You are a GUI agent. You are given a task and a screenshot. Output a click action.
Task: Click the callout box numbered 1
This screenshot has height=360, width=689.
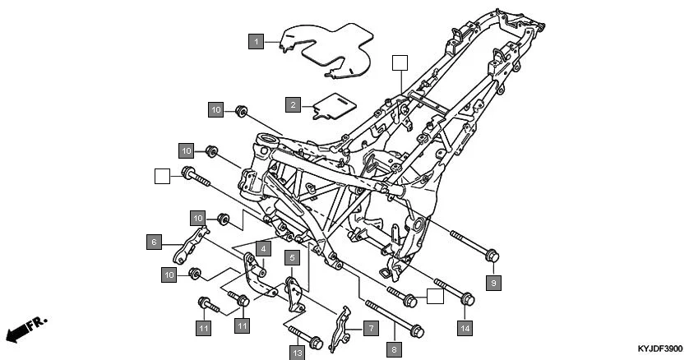click(x=257, y=40)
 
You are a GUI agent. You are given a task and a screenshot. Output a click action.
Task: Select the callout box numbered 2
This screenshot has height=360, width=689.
click(x=292, y=104)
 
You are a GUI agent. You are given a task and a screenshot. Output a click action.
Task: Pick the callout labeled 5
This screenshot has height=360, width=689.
click(x=291, y=257)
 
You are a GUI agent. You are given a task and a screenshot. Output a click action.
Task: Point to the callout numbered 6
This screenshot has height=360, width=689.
click(x=153, y=242)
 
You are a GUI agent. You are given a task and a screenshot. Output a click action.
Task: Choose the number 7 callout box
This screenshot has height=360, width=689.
click(x=370, y=328)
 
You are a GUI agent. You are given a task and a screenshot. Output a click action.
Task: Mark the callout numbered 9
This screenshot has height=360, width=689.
click(x=493, y=282)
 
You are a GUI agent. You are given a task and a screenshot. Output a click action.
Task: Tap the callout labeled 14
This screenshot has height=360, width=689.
click(x=465, y=328)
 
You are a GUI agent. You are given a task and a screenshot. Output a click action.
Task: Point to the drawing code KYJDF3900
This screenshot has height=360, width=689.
click(x=659, y=349)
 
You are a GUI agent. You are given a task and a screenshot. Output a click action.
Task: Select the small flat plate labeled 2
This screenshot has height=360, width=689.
click(x=333, y=105)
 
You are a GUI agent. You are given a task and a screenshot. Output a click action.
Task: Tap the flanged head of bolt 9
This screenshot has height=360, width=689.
click(x=491, y=256)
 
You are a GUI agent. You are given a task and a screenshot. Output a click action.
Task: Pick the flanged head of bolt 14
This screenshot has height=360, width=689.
click(x=465, y=299)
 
